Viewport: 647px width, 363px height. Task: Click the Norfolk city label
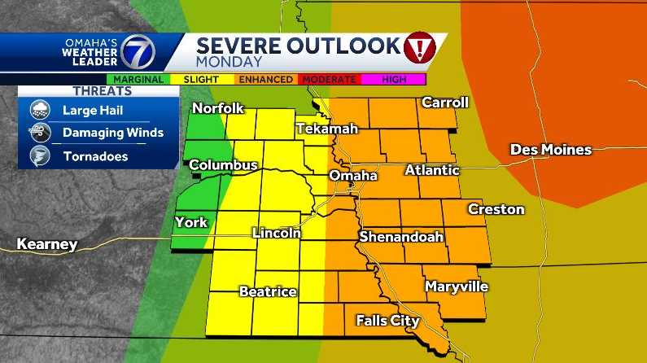[x=218, y=109]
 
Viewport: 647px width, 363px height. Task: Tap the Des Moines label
[x=550, y=150]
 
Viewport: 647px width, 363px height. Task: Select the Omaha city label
[x=352, y=176]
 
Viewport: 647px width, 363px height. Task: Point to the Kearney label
[x=47, y=243]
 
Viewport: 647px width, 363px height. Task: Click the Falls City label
[x=387, y=321]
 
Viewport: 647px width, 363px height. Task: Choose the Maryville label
[x=456, y=287]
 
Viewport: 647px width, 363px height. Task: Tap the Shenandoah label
[x=401, y=237]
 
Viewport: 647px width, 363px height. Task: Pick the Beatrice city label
[x=267, y=291]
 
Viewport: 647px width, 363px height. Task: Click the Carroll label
[x=444, y=103]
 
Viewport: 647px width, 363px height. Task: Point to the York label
[x=190, y=222]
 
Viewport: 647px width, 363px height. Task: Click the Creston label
[x=496, y=209]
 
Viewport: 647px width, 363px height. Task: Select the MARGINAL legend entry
[x=139, y=80]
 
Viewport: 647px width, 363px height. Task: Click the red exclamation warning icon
[x=420, y=49]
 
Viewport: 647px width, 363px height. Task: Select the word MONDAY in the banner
[x=230, y=61]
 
